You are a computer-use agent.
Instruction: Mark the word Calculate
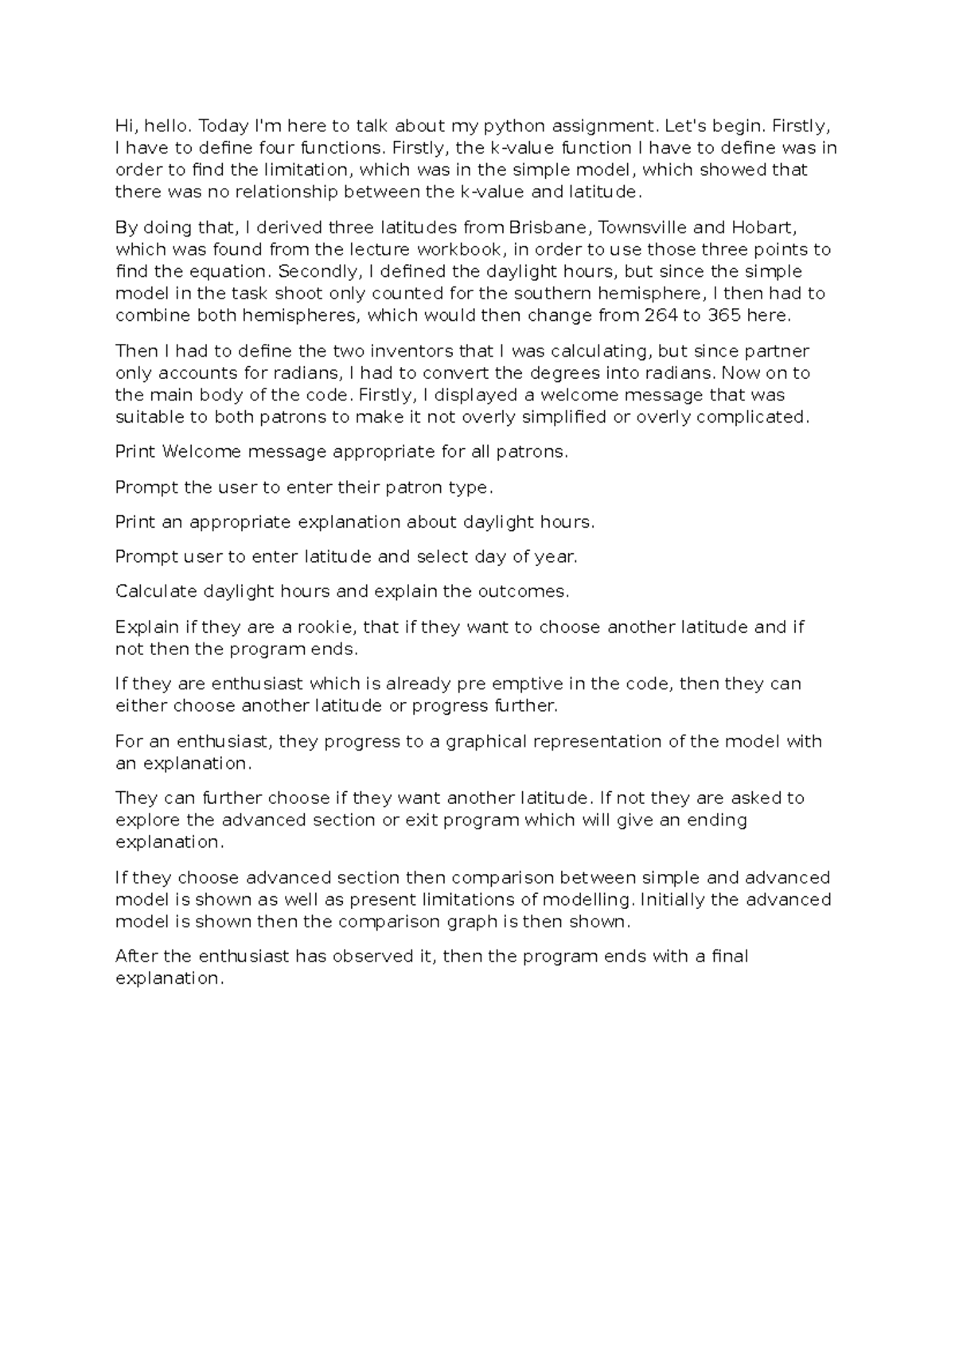click(156, 592)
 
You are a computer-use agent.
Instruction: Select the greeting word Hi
click(124, 126)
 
